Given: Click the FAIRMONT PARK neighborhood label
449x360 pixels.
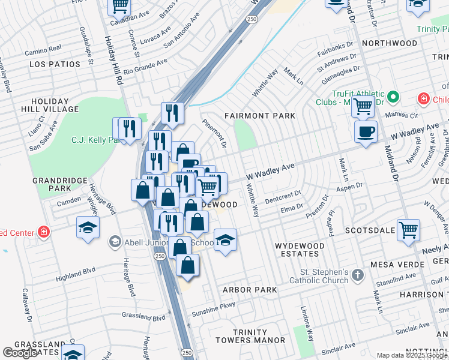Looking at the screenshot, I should [x=260, y=115].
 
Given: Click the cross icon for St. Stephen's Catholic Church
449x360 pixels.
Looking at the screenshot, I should [x=358, y=275].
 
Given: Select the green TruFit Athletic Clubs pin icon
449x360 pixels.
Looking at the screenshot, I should [x=393, y=97].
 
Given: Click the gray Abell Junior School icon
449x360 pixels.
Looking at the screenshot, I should [x=115, y=242].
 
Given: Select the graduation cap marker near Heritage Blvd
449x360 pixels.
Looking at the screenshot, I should [x=88, y=227].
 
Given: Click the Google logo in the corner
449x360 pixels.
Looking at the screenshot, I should [x=20, y=353].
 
